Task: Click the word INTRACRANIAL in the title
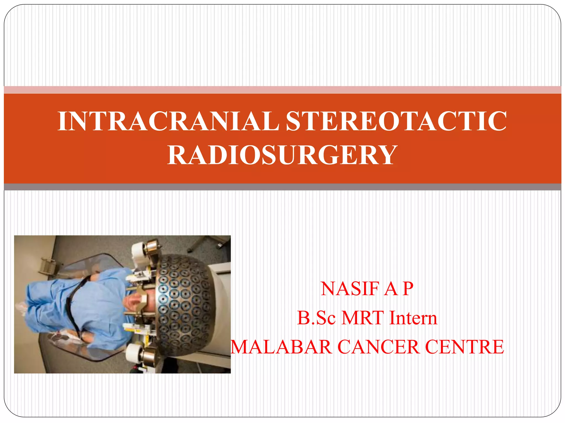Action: point(168,121)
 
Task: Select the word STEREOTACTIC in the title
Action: point(396,121)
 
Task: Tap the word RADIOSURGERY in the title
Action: point(282,155)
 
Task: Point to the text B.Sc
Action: point(316,318)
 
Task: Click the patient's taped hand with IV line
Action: point(66,337)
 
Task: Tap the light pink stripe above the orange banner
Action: point(282,90)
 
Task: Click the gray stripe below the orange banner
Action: point(282,187)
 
